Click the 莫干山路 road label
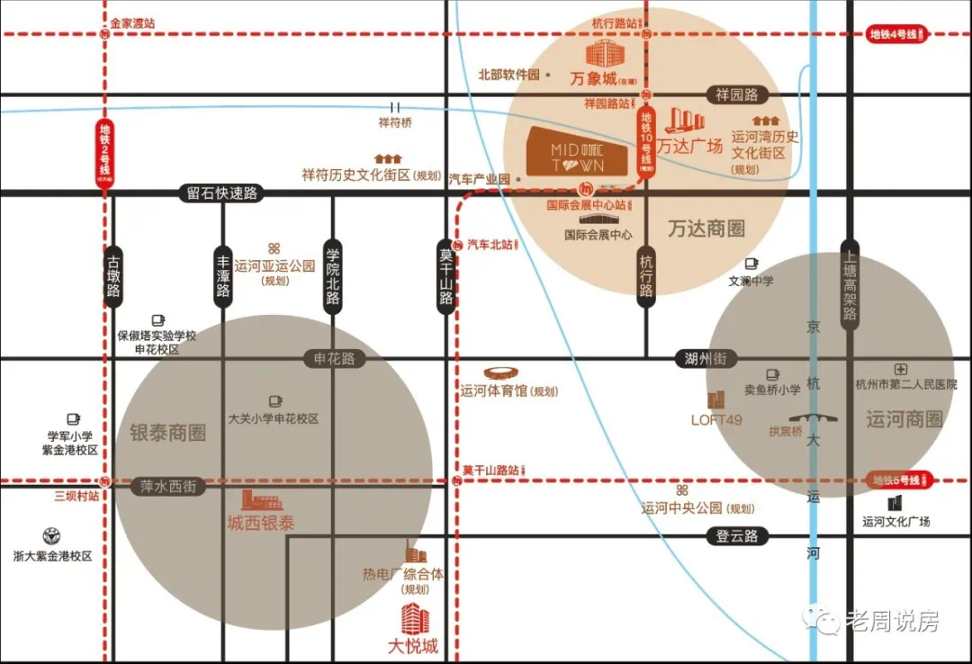[x=445, y=275]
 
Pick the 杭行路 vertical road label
[x=646, y=275]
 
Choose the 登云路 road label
[x=737, y=536]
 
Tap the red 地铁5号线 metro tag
[x=900, y=480]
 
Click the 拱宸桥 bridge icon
[x=814, y=417]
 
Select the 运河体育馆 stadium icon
[x=501, y=373]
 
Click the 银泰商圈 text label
[x=168, y=433]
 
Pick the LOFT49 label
[x=716, y=419]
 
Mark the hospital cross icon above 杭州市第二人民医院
[x=901, y=369]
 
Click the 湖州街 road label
[x=706, y=358]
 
